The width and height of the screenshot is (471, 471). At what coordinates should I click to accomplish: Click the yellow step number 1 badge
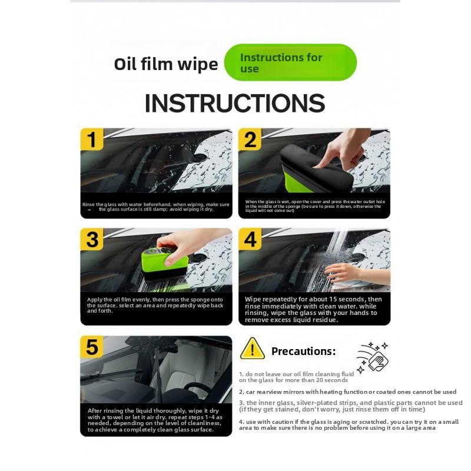[91, 140]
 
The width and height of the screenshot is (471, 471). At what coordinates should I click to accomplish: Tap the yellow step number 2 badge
[250, 140]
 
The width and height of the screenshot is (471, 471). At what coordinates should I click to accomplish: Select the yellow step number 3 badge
[91, 240]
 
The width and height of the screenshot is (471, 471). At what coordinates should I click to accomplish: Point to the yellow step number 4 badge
[250, 240]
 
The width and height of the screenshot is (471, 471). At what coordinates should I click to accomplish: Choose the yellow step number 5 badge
[91, 347]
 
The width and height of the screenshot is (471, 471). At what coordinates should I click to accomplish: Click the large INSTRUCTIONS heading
[234, 103]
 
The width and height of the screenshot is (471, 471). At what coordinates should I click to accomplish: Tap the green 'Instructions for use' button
[290, 62]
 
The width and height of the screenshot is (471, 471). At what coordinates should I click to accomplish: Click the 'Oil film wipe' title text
[166, 64]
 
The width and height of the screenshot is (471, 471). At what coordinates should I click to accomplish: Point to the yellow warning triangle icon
[252, 349]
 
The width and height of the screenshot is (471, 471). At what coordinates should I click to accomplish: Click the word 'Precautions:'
[303, 351]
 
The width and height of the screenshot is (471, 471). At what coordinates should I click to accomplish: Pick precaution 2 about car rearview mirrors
[347, 392]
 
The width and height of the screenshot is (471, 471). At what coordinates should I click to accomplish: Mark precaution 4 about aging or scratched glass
[347, 425]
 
